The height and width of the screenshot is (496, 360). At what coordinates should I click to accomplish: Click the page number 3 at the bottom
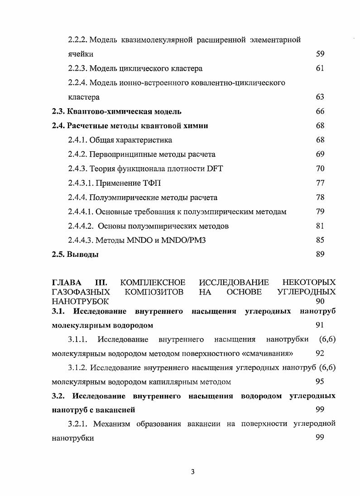[x=192, y=472]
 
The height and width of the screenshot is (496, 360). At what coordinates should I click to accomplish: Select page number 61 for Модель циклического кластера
[x=320, y=68]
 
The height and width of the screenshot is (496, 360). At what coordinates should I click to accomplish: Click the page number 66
[x=320, y=111]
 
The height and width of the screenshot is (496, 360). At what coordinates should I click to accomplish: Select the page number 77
[x=320, y=183]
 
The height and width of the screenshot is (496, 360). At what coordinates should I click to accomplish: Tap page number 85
[x=320, y=240]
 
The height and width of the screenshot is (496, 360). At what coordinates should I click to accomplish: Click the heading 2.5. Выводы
[x=75, y=255]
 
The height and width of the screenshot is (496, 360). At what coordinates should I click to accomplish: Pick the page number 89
[x=320, y=255]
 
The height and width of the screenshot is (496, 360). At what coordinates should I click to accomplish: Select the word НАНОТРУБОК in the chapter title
[x=80, y=301]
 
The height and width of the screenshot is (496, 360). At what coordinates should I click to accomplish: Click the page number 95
[x=320, y=382]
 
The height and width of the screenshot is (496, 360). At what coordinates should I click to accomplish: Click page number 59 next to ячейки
[x=320, y=54]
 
